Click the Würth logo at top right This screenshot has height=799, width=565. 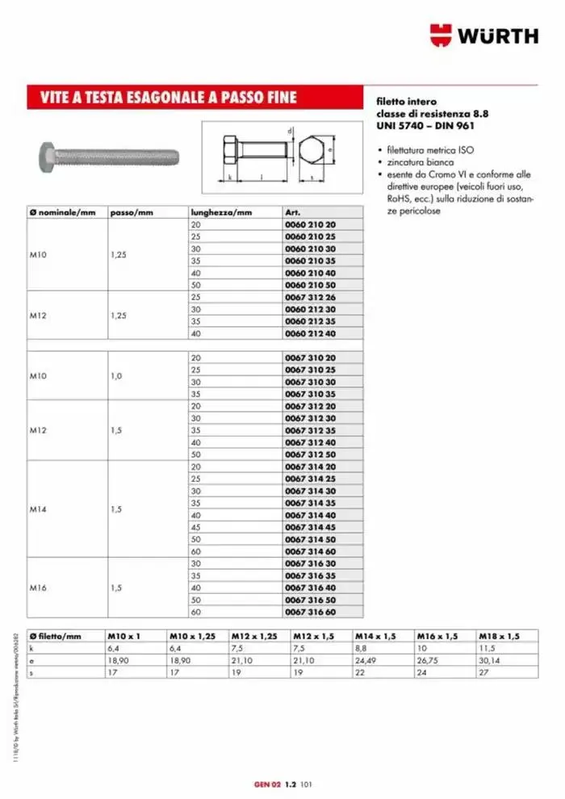coord(483,35)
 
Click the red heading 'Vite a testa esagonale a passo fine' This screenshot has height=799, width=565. coord(169,98)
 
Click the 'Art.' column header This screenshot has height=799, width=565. coord(292,212)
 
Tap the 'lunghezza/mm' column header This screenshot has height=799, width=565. coord(220,212)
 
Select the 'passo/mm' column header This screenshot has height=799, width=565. coord(131,212)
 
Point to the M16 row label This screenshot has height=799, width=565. coord(38,588)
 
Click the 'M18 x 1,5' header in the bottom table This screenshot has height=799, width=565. coord(497,636)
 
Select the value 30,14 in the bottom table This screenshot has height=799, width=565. coord(488,659)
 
